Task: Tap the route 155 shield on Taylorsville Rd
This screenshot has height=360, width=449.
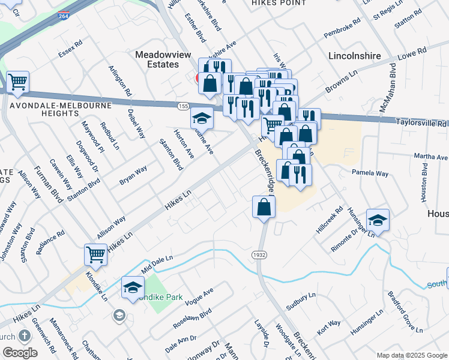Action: point(184,106)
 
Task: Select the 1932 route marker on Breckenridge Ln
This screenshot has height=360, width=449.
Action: point(260,255)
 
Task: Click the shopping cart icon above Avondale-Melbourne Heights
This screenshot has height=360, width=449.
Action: point(18,82)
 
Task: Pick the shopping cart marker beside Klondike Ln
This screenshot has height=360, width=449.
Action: point(96,255)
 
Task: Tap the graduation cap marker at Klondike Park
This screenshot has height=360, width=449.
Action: point(133,287)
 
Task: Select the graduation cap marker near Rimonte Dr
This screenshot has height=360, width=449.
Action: point(378,220)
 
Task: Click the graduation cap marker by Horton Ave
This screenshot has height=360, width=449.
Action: point(202,119)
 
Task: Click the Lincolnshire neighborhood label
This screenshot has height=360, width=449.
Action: point(355,56)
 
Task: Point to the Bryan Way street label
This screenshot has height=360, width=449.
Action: point(133,175)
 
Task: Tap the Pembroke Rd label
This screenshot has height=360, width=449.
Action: point(342,29)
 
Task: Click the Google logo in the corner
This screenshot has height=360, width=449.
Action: point(20,353)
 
